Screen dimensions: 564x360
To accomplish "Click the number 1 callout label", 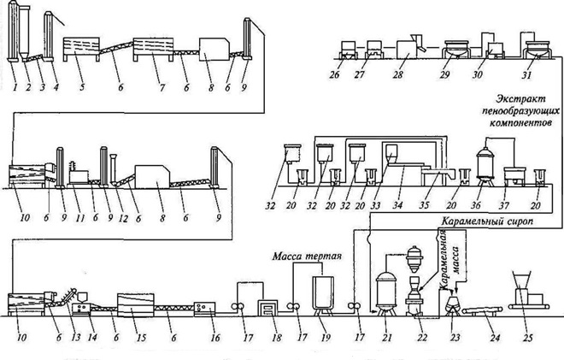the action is (15, 86).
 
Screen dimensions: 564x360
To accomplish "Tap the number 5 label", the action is (82, 86).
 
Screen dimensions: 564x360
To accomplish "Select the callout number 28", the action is (397, 74).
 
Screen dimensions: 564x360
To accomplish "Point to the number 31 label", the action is (526, 74).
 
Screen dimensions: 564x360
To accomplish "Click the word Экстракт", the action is (520, 98).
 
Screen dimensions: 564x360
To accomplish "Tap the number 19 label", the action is (326, 338).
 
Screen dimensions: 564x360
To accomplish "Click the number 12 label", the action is (123, 218).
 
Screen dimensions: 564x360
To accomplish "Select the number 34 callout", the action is (397, 205).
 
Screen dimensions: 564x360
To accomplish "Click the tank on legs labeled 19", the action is (323, 293).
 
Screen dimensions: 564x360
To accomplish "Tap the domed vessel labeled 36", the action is (486, 167).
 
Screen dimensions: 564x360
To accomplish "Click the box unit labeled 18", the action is (268, 309).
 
